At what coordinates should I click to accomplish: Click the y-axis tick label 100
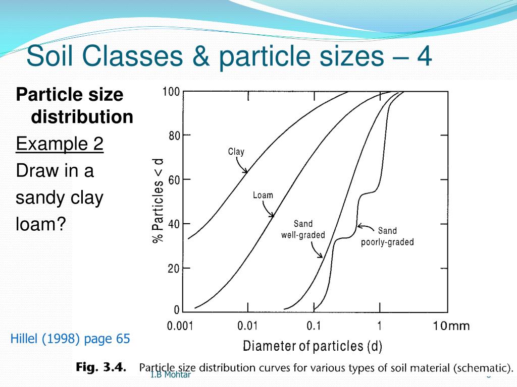pos(171,92)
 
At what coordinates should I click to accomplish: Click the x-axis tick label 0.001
pos(181,326)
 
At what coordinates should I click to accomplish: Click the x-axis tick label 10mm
pos(451,326)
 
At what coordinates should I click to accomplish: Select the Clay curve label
pos(236,151)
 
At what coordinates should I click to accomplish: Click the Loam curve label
pos(263,195)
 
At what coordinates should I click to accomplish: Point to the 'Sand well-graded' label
pos(303,229)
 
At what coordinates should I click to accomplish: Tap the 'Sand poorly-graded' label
pos(387,236)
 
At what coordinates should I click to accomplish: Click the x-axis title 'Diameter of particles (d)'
pos(313,346)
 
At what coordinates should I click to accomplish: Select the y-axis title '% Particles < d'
pos(158,201)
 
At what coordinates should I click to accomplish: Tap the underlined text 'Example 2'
pos(60,144)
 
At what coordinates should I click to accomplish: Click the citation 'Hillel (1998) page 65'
pos(70,339)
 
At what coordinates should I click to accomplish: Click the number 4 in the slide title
pos(424,56)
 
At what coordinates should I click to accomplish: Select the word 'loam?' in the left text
pos(41,224)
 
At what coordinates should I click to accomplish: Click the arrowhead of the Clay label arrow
pos(246,172)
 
